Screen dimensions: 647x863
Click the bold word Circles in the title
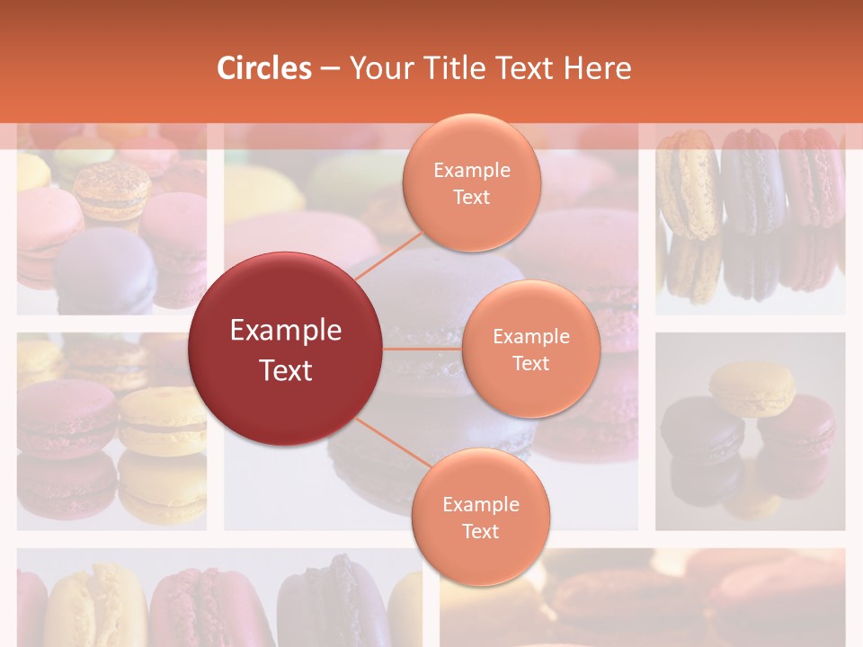[264, 68]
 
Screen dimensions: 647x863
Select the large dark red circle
[286, 350]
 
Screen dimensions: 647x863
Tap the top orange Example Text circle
[471, 183]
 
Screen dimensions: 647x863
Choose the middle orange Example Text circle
[530, 350]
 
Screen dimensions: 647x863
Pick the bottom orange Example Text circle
[480, 518]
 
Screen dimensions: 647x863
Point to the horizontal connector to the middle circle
[423, 349]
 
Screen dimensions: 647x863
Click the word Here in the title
[598, 68]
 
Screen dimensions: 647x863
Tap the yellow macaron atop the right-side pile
[752, 389]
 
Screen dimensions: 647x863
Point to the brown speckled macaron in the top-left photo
[111, 191]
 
